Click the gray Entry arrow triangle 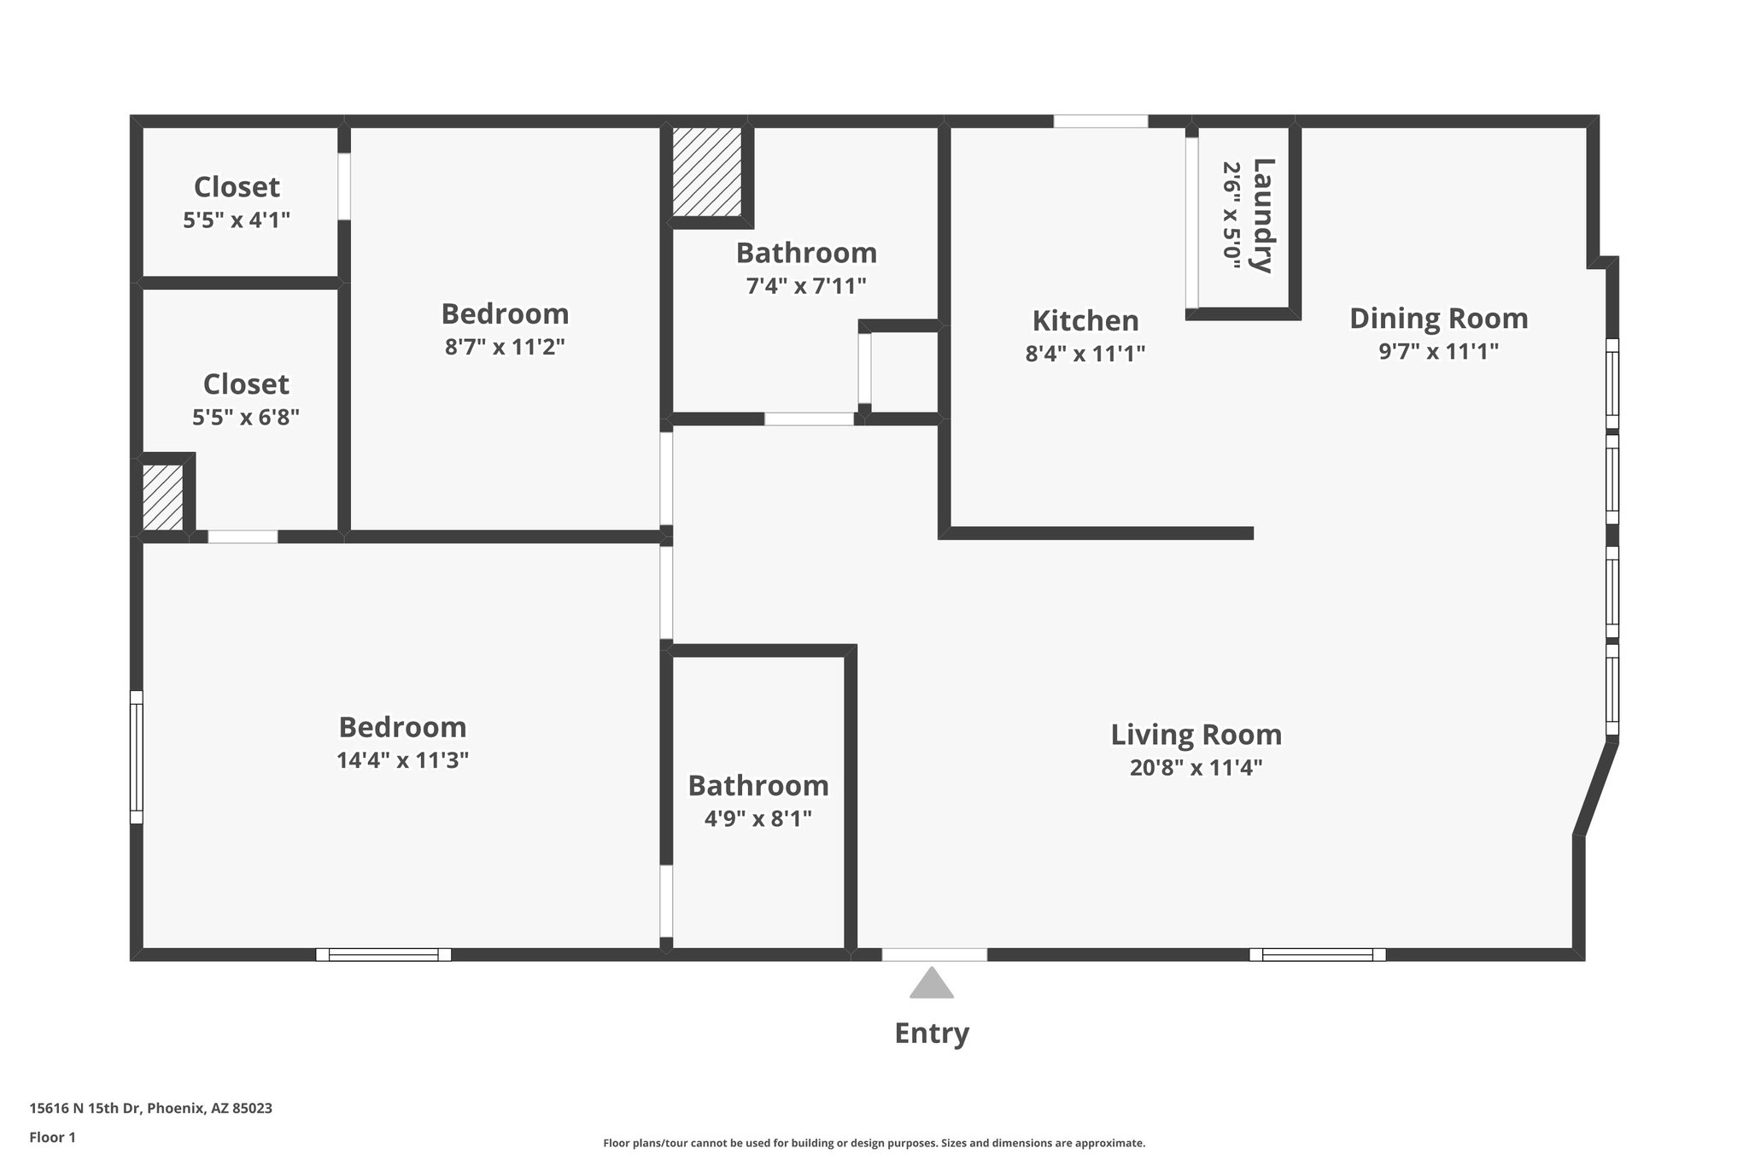click(x=931, y=984)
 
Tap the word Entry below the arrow click(x=931, y=1034)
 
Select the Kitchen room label click(x=1085, y=321)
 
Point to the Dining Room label click(x=1438, y=319)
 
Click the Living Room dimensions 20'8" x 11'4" click(x=1196, y=768)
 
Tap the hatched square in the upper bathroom click(x=706, y=172)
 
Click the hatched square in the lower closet click(x=162, y=497)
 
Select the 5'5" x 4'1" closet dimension click(x=237, y=220)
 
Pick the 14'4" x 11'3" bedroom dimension click(x=402, y=760)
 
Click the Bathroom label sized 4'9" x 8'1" click(x=758, y=786)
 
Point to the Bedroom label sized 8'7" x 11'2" click(x=505, y=314)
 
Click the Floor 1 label click(x=52, y=1137)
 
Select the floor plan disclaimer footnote click(x=874, y=1143)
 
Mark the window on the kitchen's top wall click(x=1100, y=121)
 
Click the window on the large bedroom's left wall click(x=136, y=757)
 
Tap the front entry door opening click(x=934, y=954)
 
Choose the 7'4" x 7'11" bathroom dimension click(x=806, y=286)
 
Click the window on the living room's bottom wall click(x=1317, y=954)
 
